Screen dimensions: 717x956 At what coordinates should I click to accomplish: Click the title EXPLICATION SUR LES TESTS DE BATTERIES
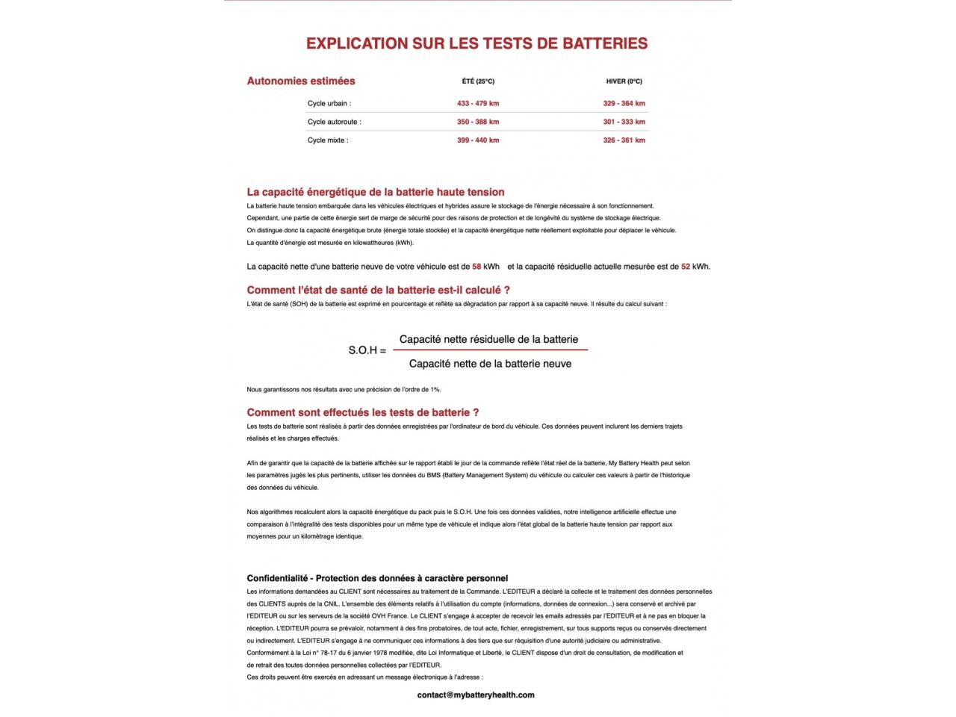click(x=477, y=43)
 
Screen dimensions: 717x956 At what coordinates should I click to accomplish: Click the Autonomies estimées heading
click(x=301, y=81)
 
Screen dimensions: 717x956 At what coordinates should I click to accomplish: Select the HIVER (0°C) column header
click(x=624, y=81)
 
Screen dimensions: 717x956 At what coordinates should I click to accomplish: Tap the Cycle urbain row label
click(x=329, y=104)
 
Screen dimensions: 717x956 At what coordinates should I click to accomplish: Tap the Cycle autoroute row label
click(x=334, y=122)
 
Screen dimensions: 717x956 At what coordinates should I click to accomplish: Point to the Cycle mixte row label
click(x=328, y=140)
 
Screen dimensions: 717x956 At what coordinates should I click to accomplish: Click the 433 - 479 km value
click(x=478, y=104)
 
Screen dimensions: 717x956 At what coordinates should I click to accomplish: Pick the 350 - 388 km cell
click(x=478, y=122)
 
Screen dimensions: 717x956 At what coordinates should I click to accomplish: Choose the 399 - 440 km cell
click(x=478, y=140)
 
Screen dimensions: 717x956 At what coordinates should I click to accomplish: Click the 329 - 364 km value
click(x=624, y=104)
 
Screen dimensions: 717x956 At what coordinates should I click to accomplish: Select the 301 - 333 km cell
click(x=624, y=122)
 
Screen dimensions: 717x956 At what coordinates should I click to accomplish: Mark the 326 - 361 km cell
click(x=624, y=140)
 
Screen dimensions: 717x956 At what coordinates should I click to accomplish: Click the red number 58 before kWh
click(x=477, y=267)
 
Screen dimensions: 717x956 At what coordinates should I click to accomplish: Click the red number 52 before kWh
click(x=686, y=267)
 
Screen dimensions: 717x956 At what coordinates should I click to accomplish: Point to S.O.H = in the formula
click(x=367, y=350)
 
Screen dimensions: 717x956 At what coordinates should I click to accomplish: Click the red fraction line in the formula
click(x=490, y=350)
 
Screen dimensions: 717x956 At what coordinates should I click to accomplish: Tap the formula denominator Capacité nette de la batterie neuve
click(x=490, y=364)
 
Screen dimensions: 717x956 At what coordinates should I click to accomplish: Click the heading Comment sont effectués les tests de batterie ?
click(x=363, y=412)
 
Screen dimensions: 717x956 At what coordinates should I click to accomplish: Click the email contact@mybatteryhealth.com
click(x=476, y=695)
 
